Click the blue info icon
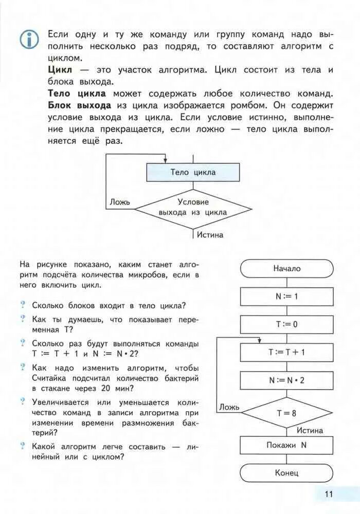coord(29,39)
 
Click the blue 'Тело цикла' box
coord(193,172)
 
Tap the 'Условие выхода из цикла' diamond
coord(193,207)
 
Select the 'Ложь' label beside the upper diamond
coord(120,202)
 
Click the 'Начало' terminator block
coord(286,268)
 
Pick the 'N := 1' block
coord(286,296)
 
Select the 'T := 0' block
coord(286,324)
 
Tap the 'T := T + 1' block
coord(286,352)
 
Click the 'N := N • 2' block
coord(286,380)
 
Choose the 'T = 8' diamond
coord(286,412)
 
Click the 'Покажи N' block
coord(286,445)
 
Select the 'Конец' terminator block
coord(286,473)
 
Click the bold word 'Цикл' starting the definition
coord(60,69)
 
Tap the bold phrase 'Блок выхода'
coord(80,105)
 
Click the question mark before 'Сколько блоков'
coord(23,305)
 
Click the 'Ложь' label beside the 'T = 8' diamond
coord(229,407)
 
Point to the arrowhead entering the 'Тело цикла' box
coord(165,160)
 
